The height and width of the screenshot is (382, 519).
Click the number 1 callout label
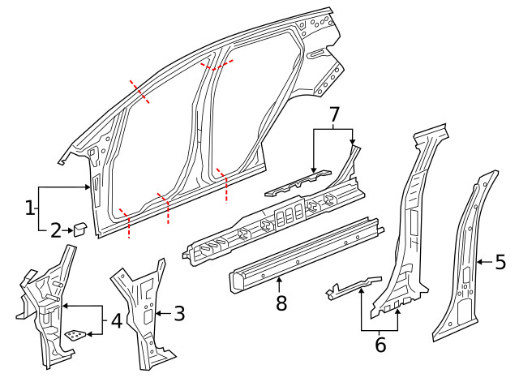30,208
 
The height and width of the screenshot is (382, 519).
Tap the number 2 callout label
55,231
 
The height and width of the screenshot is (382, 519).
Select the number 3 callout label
180,312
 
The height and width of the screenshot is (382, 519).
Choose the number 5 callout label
500,261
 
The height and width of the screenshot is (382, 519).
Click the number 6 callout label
380,345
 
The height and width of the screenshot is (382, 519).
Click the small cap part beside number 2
81,228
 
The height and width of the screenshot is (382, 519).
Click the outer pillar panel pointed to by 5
466,260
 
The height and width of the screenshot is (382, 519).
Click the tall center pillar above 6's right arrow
410,227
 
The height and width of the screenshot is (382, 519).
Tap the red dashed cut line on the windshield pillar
139,92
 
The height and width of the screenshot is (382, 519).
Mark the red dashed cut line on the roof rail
217,65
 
